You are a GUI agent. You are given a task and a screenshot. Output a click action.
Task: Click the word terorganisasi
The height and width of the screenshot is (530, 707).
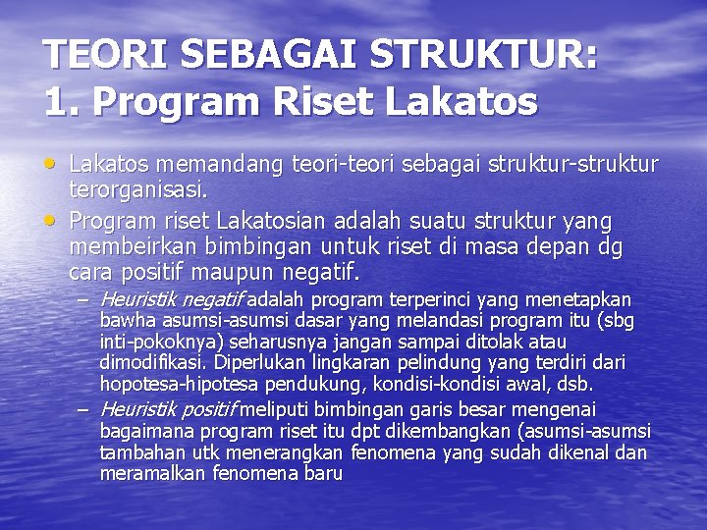pos(136,185)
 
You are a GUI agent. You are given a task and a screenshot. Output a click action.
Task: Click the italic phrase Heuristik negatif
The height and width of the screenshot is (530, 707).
pos(171,299)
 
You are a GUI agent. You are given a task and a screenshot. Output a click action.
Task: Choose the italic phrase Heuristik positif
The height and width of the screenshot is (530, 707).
pos(168,409)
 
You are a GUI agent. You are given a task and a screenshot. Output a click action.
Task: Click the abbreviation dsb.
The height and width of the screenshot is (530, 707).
pos(577,385)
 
